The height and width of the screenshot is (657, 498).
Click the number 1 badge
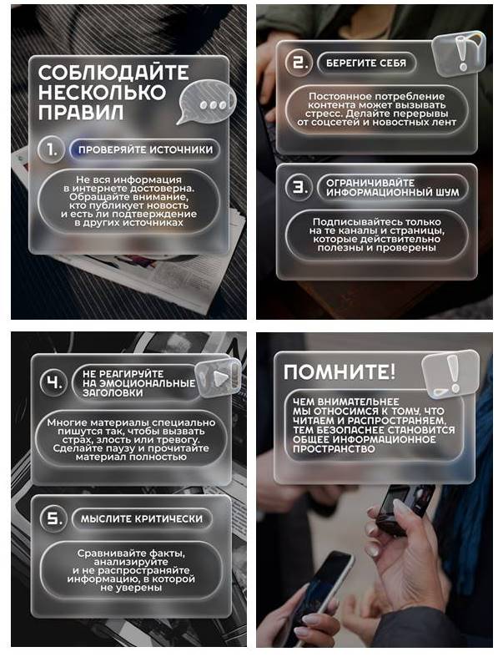52,150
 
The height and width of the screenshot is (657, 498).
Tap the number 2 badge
298,63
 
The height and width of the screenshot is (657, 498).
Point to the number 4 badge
53,384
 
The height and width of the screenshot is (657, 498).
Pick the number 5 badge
53,519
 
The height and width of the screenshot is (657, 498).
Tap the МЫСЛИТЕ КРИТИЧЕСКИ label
141,519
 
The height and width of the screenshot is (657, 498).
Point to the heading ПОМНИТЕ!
339,371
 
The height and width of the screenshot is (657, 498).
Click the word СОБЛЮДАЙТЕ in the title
113,73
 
